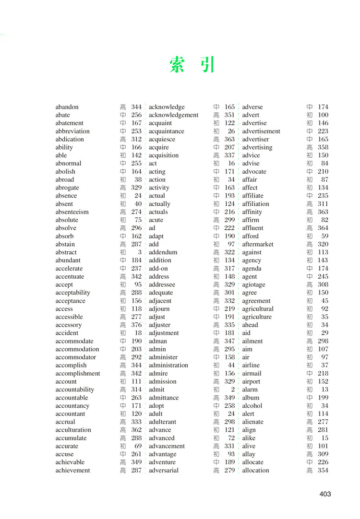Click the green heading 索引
pos(192,64)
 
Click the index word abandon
pos(67,107)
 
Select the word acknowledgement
pos(173,115)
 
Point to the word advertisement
pos(261,131)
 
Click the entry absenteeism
pos(72,212)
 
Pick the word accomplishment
pos(78,373)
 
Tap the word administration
pos(168,365)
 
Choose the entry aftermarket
pos(258,244)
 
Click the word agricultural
pos(258,309)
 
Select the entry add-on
pos(158,268)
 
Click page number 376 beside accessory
pos(136,325)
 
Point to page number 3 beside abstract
pos(140,252)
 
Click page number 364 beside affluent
pos(323,228)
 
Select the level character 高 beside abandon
pos(123,107)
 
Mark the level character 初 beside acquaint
pos(216,123)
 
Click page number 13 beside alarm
pos(325,389)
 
